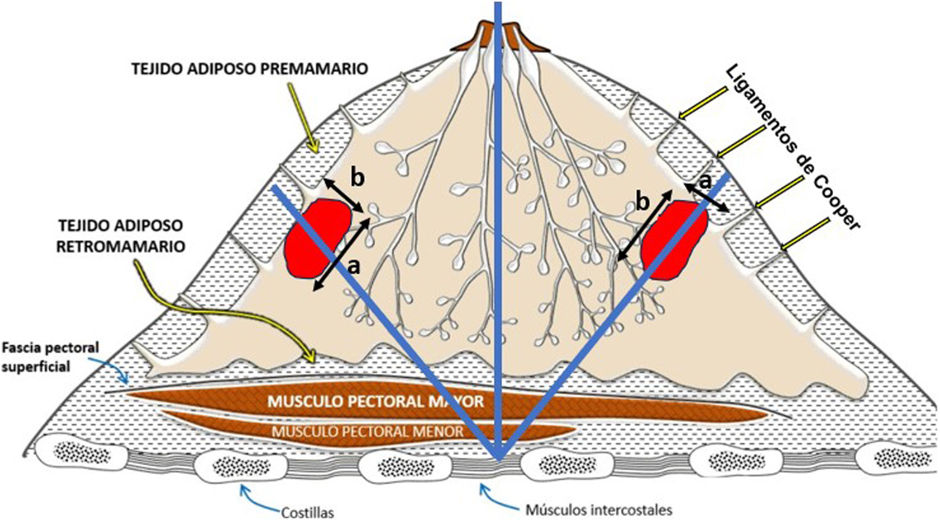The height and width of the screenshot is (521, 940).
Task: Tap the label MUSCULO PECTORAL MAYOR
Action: tap(375, 401)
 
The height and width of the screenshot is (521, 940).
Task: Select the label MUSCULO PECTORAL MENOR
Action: tap(367, 431)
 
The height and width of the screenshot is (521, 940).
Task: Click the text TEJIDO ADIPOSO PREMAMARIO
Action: tap(250, 69)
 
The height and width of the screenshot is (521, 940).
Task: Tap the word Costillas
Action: tap(308, 512)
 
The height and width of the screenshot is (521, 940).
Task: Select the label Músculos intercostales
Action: tap(599, 510)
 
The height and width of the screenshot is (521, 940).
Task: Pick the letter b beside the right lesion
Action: tap(642, 203)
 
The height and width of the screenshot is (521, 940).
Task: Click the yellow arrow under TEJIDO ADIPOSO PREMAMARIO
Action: tap(303, 120)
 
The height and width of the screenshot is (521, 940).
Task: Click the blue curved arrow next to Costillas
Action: tap(257, 500)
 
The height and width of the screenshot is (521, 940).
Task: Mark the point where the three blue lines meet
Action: tap(498, 458)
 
